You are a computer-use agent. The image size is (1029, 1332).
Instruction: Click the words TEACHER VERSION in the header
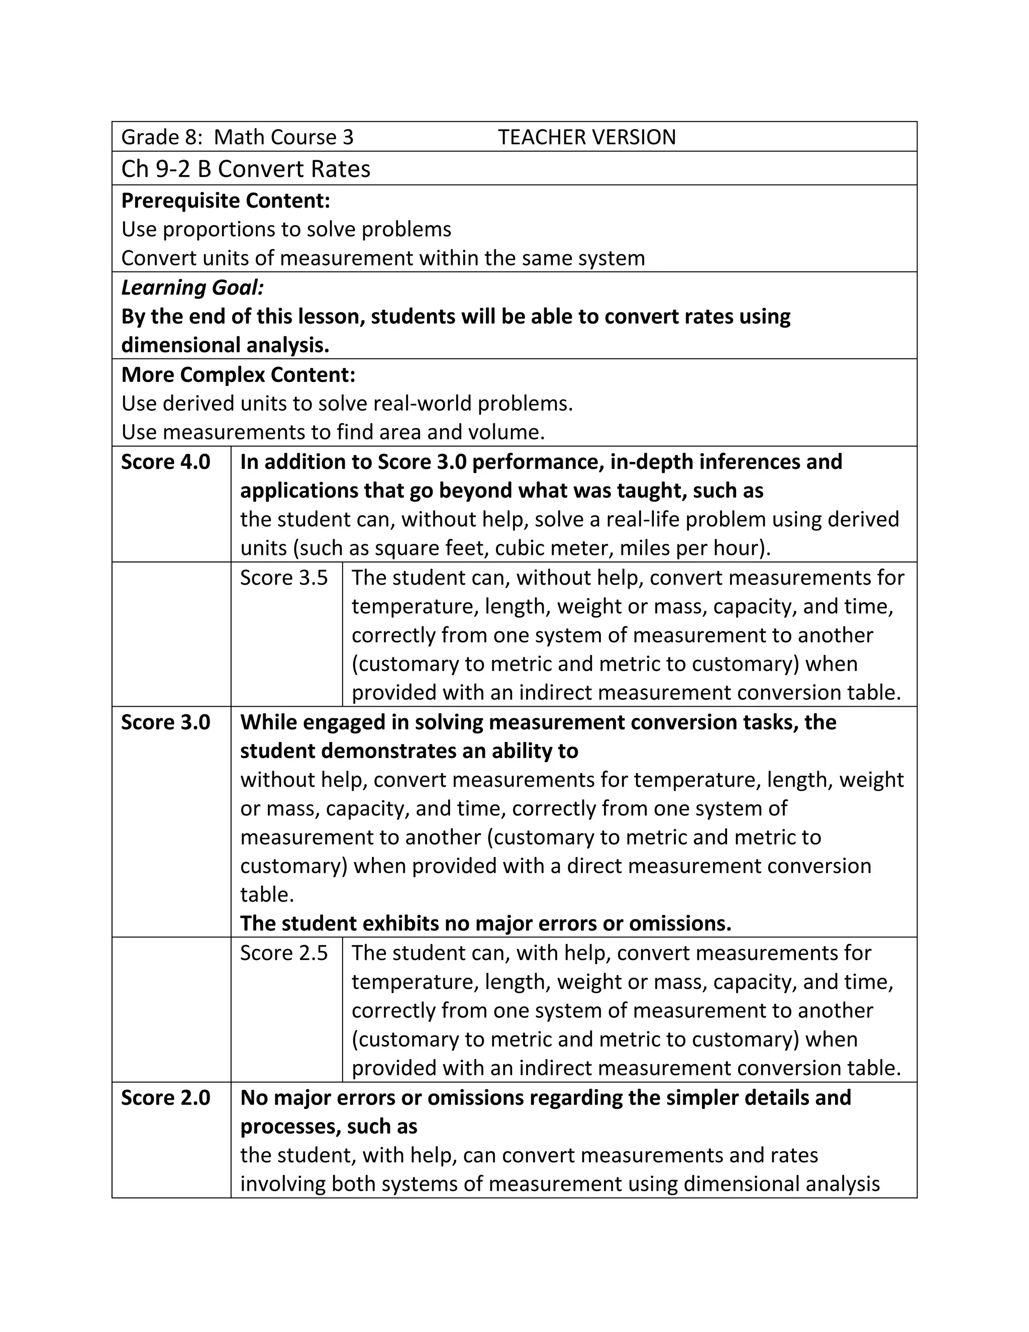pos(586,137)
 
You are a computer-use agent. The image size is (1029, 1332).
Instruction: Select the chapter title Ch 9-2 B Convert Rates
pos(246,169)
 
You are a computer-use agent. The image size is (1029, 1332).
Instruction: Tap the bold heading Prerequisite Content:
pos(226,201)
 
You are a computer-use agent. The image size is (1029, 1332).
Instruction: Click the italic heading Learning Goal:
pos(192,287)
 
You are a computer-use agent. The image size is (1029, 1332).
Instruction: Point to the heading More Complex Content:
pos(238,374)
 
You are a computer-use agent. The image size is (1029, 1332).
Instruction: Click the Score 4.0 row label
pos(165,462)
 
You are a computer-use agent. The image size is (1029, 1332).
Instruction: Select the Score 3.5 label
pos(283,578)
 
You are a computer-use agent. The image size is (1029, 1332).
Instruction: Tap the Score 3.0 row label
pos(165,722)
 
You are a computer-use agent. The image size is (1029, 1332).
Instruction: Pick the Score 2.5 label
pos(283,953)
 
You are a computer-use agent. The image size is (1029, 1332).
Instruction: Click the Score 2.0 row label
pos(165,1097)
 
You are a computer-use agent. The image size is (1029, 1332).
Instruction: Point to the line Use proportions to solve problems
pos(286,229)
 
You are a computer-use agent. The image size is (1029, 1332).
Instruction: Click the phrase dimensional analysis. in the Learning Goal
pos(225,345)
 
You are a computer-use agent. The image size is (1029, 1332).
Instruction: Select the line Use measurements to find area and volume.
pos(333,432)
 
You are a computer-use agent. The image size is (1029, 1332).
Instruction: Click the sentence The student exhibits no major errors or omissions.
pos(485,923)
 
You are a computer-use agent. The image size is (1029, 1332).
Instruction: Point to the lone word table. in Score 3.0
pos(267,895)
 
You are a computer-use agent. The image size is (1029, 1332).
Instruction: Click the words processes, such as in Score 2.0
pos(329,1126)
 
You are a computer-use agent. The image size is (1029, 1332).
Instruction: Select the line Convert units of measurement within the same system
pos(383,258)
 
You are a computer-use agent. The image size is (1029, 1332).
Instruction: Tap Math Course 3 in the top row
pos(283,137)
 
